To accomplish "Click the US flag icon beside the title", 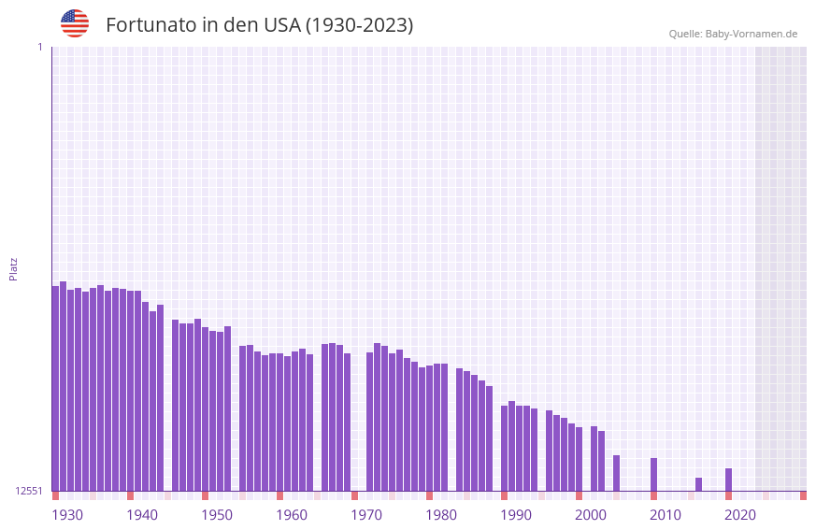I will click(75, 23).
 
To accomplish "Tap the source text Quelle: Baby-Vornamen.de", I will click(733, 34).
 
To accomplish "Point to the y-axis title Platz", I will click(13, 268).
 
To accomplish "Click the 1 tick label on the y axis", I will click(40, 47).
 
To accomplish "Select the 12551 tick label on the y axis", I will click(28, 491).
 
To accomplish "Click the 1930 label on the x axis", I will click(67, 515).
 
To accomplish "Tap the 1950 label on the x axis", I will click(217, 515).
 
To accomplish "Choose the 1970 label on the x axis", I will click(366, 515).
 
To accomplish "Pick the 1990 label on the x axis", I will click(516, 515).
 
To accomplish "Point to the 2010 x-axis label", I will click(666, 515).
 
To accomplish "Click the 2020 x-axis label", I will click(740, 515).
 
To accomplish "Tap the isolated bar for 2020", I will click(729, 480).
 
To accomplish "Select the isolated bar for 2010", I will click(654, 474).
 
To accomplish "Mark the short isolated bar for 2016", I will click(699, 484).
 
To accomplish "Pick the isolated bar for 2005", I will click(617, 473).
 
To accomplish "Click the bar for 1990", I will click(505, 448).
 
